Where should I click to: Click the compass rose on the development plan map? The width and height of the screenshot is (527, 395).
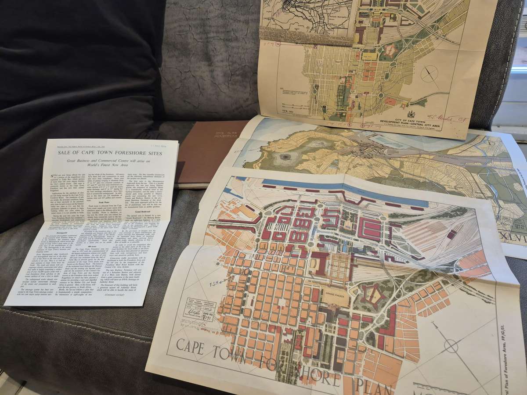click(430, 74)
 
